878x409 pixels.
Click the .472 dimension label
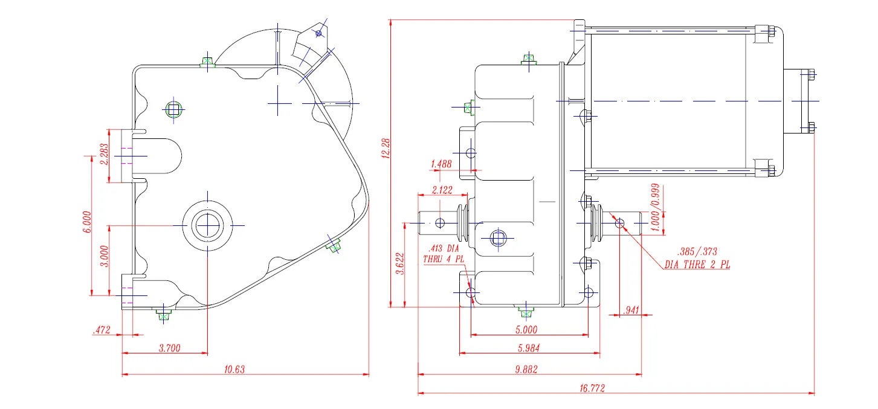pos(101,330)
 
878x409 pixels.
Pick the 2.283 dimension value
pos(103,153)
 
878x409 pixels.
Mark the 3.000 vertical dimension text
pos(103,256)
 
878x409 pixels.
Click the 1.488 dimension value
pos(442,164)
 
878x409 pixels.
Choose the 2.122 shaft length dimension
pos(442,190)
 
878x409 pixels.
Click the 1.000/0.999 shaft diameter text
pos(657,205)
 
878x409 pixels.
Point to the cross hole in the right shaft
pos(619,223)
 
